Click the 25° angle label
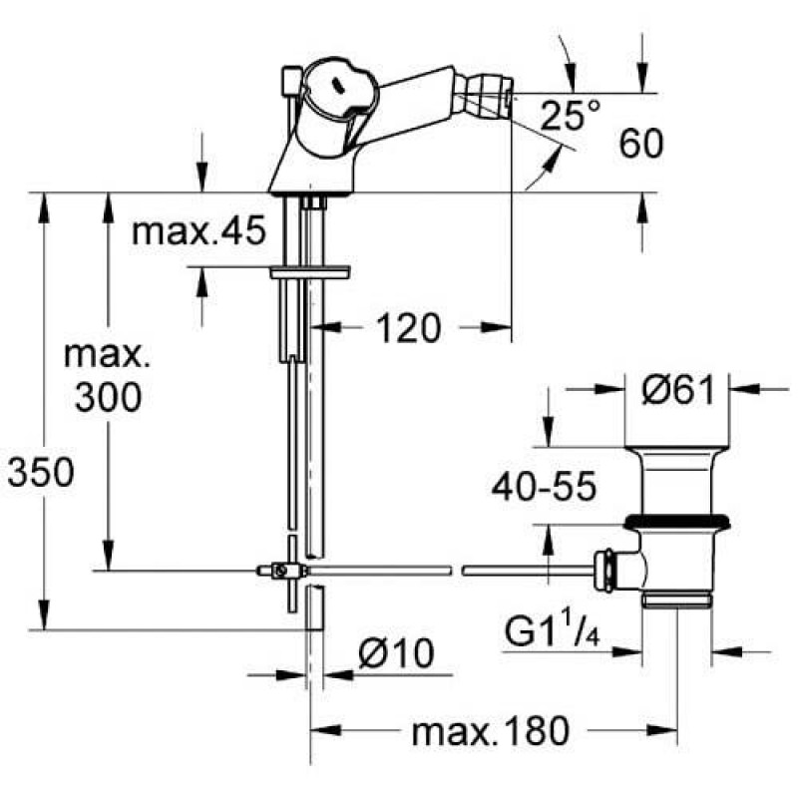pos(570,115)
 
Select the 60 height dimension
pos(641,143)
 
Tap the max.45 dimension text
pos(199,230)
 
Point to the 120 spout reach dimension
pos(408,328)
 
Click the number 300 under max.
pos(108,397)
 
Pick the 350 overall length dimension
pos(41,472)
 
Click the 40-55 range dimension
pos(544,486)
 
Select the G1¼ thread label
pos(553,631)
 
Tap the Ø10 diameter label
pos(396,653)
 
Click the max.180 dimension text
pos(491,732)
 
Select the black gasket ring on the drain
pos(677,521)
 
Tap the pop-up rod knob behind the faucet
pos(290,81)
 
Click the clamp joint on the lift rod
pos(281,571)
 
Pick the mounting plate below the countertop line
pos(310,273)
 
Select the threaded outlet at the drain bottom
pos(677,599)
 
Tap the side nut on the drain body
pos(606,571)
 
